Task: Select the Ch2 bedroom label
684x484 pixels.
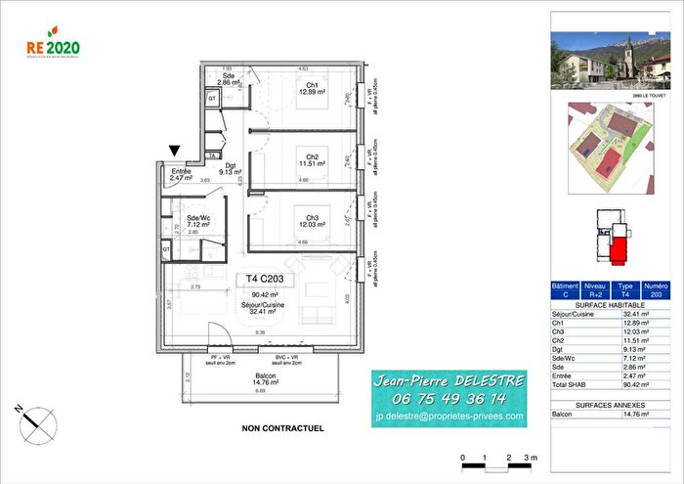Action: click(311, 160)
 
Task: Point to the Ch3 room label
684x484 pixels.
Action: click(311, 221)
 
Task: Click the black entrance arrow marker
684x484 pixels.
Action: click(175, 151)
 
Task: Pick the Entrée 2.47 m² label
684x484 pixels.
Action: click(182, 175)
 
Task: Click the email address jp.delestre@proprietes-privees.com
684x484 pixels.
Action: click(449, 417)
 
